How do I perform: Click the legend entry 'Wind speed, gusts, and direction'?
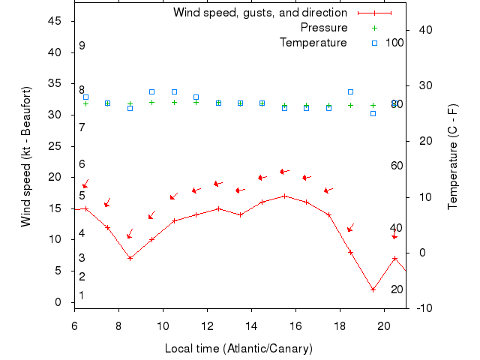pos(259,13)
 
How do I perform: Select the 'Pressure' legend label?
pos(324,28)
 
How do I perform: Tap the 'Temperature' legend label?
pos(313,43)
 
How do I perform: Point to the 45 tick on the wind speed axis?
pos(55,21)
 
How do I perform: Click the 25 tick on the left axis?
pos(55,146)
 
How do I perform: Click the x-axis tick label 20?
pos(384,326)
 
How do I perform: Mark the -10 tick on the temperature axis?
pos(423,308)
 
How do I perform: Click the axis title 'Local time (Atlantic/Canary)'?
pos(238,349)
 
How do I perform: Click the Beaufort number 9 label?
pos(82,46)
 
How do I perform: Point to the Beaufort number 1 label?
pos(82,295)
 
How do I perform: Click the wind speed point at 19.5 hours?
pos(373,289)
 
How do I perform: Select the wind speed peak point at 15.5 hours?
pos(284,196)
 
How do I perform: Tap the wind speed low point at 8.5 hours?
pos(130,258)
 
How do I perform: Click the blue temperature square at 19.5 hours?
pos(373,113)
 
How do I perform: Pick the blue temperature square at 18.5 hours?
pos(350,91)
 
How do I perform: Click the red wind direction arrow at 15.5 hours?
pos(283,172)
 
